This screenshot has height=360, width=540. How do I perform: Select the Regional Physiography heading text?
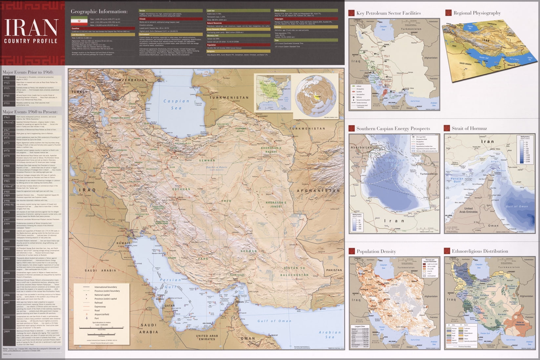477,13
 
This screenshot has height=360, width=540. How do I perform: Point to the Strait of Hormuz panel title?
469,128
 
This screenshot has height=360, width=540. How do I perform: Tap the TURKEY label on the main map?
80,92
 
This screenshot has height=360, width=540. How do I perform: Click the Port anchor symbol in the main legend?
87,318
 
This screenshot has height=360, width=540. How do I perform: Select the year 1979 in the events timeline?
7,156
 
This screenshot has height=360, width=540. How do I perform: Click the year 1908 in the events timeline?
7,78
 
